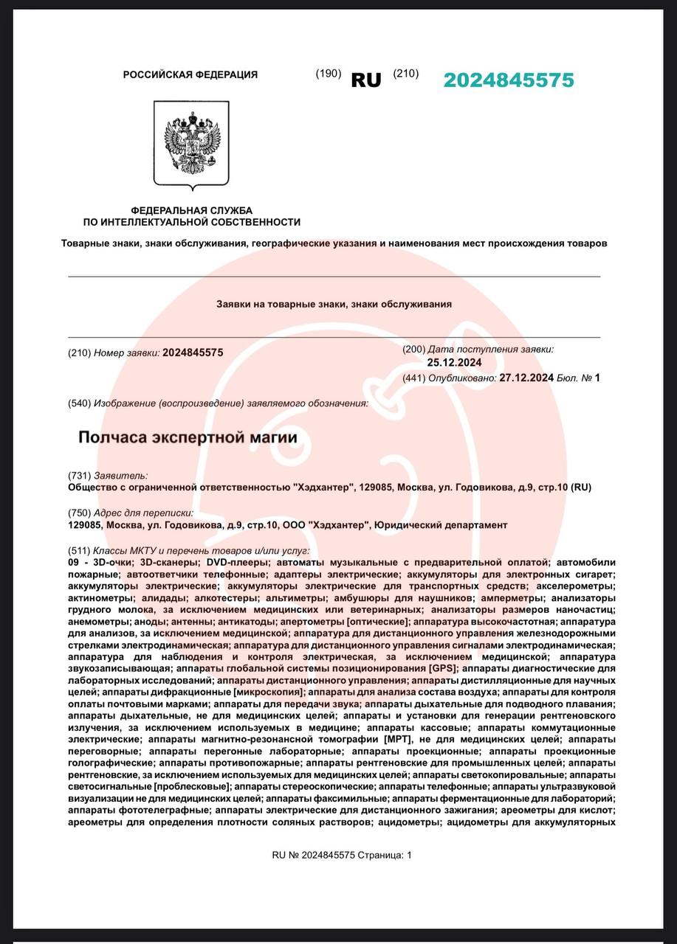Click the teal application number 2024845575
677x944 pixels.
click(x=508, y=80)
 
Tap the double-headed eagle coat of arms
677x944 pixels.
click(x=191, y=144)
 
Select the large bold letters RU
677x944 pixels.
click(x=365, y=80)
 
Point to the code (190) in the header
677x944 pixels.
click(x=328, y=73)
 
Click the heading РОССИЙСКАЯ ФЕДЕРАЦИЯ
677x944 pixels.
click(x=190, y=74)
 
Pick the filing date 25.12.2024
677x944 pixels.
click(x=454, y=362)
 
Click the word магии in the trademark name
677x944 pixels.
click(x=274, y=437)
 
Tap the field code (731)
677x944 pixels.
click(x=79, y=476)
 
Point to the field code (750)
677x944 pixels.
click(x=79, y=513)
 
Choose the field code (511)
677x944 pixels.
click(x=79, y=551)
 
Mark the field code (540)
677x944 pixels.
click(x=79, y=403)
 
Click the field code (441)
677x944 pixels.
click(x=414, y=378)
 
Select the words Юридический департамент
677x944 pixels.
click(x=441, y=524)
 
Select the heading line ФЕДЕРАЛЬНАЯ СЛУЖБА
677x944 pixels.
click(x=191, y=211)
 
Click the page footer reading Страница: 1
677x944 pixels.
click(x=385, y=855)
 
